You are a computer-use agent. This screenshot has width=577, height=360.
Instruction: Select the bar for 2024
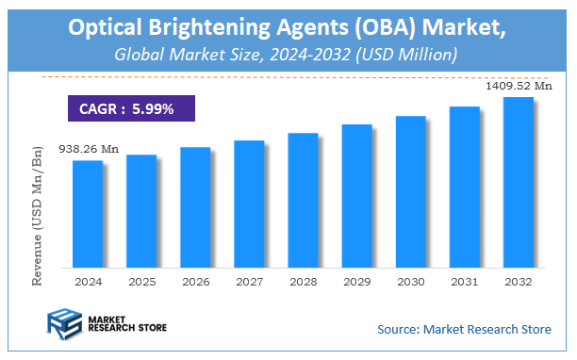pyautogui.click(x=88, y=214)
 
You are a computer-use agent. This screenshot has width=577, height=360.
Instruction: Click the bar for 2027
pyautogui.click(x=249, y=204)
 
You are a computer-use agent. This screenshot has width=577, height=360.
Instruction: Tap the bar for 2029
pyautogui.click(x=356, y=195)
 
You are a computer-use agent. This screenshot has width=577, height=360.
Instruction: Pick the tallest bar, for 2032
pyautogui.click(x=518, y=182)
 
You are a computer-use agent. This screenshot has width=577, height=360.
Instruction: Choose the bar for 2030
pyautogui.click(x=410, y=191)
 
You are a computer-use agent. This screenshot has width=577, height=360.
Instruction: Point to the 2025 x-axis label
pyautogui.click(x=141, y=281)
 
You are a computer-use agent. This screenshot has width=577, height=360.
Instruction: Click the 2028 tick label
pyautogui.click(x=303, y=281)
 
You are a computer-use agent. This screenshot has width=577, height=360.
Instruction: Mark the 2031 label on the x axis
pyautogui.click(x=464, y=281)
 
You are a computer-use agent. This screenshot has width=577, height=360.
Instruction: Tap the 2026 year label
pyautogui.click(x=195, y=281)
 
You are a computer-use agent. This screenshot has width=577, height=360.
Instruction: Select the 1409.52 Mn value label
pyautogui.click(x=517, y=86)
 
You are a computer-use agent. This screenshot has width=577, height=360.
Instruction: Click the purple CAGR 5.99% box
pyautogui.click(x=132, y=108)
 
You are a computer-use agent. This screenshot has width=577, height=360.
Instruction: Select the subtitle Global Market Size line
pyautogui.click(x=287, y=55)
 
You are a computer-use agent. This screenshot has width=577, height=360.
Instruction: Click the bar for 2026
pyautogui.click(x=195, y=207)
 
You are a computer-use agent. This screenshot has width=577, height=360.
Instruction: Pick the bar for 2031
pyautogui.click(x=464, y=187)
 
